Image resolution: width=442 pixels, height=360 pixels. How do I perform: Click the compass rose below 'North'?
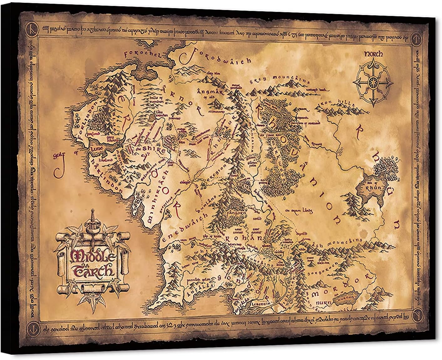pos(373,81)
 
